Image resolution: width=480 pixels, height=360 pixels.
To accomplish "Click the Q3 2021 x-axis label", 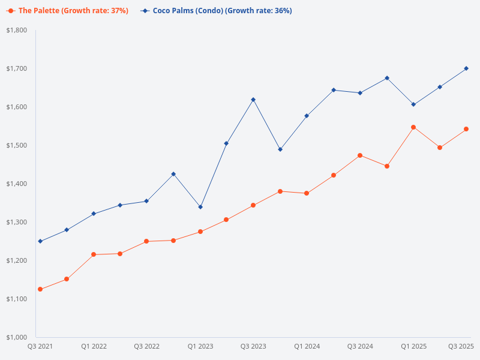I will [41, 346].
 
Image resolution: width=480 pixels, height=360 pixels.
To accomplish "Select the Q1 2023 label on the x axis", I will [200, 346].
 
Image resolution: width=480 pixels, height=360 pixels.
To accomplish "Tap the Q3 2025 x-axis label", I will [461, 346].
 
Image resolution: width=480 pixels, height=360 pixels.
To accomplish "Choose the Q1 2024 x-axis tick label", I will [307, 346].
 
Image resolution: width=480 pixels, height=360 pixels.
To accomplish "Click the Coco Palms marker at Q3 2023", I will [253, 100].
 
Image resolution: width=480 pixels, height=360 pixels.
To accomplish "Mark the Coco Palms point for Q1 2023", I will [200, 207].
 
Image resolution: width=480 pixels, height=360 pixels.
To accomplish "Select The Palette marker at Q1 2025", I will [413, 127].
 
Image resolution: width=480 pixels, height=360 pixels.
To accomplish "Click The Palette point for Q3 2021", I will [40, 289].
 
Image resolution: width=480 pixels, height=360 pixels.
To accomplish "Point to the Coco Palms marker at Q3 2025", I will [466, 68].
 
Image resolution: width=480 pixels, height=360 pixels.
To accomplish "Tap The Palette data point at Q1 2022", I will [94, 254].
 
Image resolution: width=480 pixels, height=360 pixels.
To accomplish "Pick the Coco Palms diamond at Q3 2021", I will [40, 241].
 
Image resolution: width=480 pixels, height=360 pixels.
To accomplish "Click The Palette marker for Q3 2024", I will [360, 155].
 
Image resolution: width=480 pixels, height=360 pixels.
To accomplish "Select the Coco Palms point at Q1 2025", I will [413, 104].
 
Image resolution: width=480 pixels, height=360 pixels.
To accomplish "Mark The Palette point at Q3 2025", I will [466, 129].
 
